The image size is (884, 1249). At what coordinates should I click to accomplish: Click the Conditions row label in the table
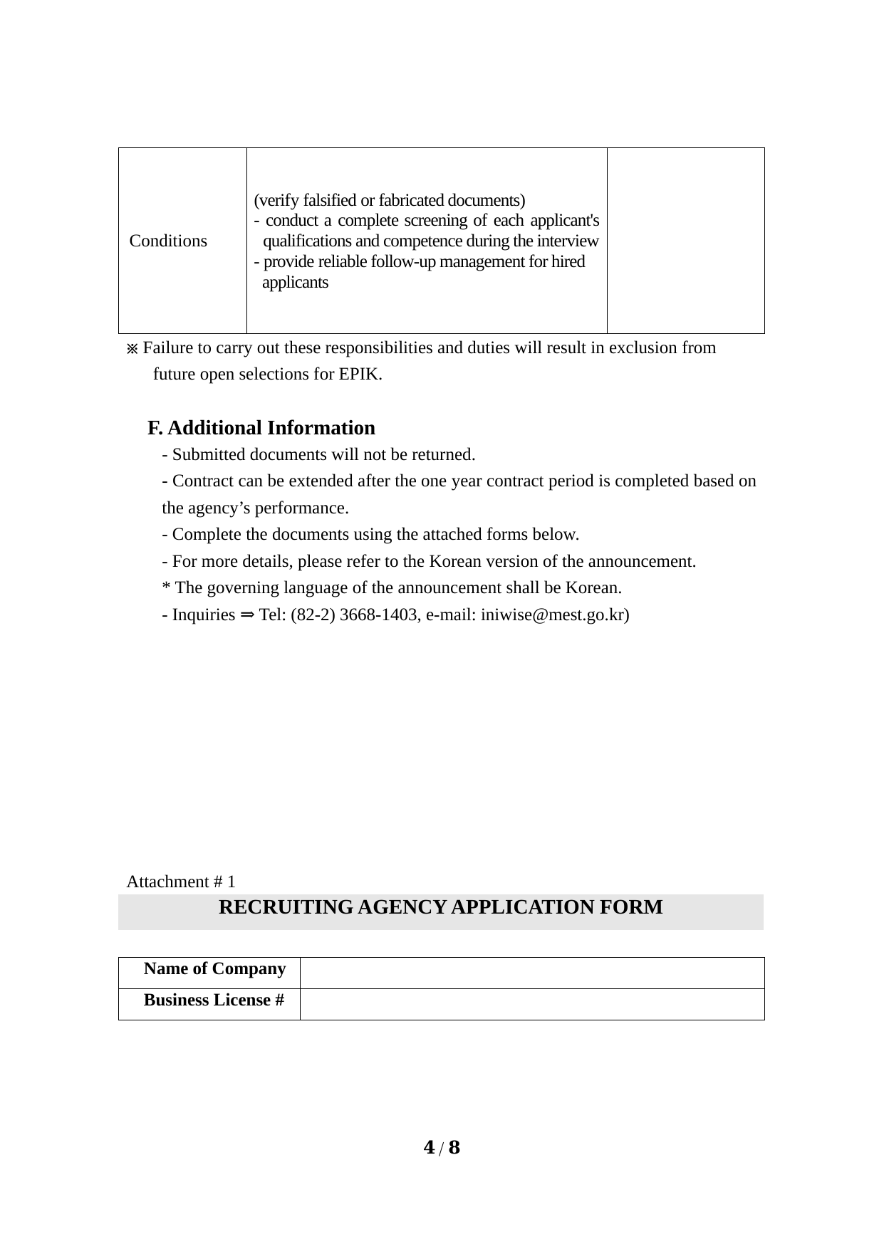click(x=168, y=241)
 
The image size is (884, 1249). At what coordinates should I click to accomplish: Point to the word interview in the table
click(x=569, y=241)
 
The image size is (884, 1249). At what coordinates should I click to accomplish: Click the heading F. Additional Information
click(x=261, y=428)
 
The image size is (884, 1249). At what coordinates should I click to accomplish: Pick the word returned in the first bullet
click(x=443, y=454)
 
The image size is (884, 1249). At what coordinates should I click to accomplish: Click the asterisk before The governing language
click(x=166, y=588)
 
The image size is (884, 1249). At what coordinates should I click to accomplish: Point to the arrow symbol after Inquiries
click(x=246, y=615)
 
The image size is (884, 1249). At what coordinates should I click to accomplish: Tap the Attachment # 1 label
click(x=181, y=882)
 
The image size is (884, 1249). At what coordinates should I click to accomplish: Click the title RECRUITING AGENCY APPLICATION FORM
click(x=440, y=907)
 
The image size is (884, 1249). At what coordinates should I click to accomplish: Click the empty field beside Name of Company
click(x=531, y=973)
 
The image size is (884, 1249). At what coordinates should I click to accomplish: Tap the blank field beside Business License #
click(x=531, y=1004)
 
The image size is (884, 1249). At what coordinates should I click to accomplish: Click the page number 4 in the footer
click(x=429, y=1148)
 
